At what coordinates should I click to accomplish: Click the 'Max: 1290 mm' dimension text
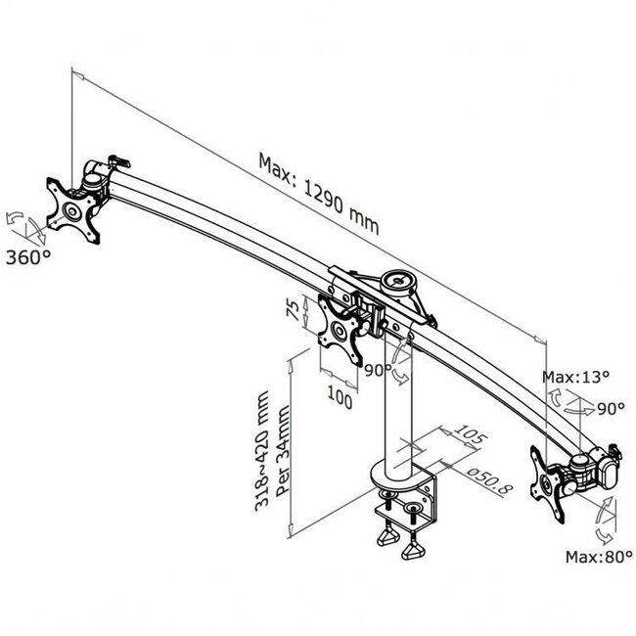point(318,191)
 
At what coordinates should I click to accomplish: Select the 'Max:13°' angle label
point(576,377)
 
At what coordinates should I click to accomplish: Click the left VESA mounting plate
point(74,209)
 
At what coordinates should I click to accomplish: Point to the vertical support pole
point(402,411)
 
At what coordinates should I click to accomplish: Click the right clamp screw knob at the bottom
point(414,553)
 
